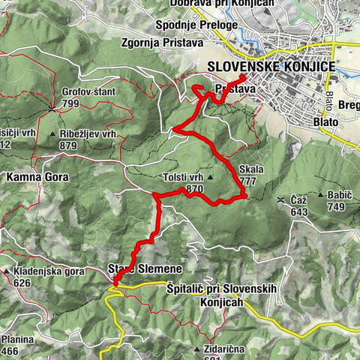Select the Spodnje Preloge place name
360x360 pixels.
tap(196, 25)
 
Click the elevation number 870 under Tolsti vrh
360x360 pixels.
tap(195, 189)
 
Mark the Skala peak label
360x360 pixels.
tap(253, 169)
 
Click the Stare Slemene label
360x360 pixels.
tap(145, 268)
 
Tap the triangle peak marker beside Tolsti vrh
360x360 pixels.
tap(211, 178)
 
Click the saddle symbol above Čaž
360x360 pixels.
tap(280, 200)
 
